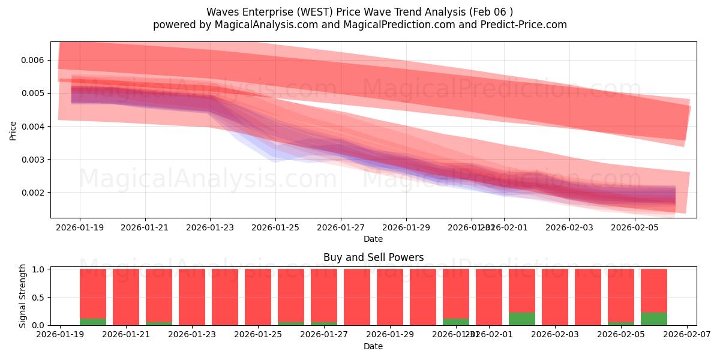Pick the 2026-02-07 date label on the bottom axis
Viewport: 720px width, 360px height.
(x=686, y=335)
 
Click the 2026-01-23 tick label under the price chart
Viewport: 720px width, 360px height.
(x=210, y=228)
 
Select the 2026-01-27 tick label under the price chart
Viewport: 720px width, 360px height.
(x=341, y=228)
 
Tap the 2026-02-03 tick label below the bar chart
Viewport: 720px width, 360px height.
(x=554, y=335)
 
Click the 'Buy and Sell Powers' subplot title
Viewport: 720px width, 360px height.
(x=373, y=257)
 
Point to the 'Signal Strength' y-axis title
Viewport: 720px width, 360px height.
(x=22, y=296)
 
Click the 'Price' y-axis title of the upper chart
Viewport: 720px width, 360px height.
(x=13, y=130)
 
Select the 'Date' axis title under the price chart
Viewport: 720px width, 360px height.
(x=373, y=239)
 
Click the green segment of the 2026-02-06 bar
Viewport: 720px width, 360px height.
(x=653, y=319)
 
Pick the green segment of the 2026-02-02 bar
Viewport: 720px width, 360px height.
(x=521, y=319)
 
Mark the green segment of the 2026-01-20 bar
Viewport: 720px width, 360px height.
(x=93, y=322)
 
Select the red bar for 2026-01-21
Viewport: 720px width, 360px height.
(x=126, y=297)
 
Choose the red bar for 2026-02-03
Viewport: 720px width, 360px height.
(x=554, y=297)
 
